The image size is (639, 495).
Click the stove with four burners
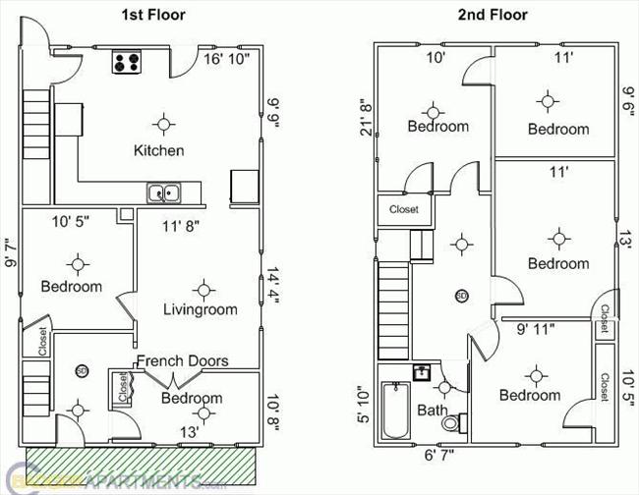pos(127,63)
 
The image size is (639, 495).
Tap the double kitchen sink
pos(163,193)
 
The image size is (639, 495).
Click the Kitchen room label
pos(159,150)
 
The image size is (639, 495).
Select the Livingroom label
pos(201,309)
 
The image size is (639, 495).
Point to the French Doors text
pos(182,360)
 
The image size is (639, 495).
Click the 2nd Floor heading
pos(493,15)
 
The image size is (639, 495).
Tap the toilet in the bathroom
pos(453,423)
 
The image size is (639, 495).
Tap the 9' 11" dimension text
pos(535,330)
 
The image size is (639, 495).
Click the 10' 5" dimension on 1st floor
pos(70,223)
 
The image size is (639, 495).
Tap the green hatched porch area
pos(138,462)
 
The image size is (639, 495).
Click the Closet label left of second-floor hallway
pos(403,209)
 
